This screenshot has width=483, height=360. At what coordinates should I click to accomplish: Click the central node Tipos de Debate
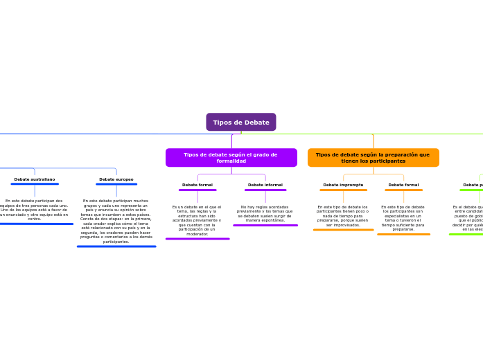tap(241, 122)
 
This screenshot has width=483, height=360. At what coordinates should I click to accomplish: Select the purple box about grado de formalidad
tap(231, 158)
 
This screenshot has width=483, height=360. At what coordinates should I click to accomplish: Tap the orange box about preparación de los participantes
tap(373, 158)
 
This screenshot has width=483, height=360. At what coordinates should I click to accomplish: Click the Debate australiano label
tap(35, 179)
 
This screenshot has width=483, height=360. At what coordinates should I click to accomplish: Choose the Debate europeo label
tap(116, 179)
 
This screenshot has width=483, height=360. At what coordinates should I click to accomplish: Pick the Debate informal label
tap(265, 185)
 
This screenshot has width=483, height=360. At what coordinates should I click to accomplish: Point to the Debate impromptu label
tap(343, 185)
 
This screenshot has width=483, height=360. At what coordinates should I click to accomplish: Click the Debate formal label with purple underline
tap(197, 185)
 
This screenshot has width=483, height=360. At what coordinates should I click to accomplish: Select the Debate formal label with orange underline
tap(403, 185)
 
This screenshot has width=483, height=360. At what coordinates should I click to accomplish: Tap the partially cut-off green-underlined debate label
tap(473, 185)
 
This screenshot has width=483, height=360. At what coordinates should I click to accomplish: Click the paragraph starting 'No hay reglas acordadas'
tap(265, 213)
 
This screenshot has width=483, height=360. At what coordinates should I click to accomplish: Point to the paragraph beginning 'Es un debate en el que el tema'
tap(197, 220)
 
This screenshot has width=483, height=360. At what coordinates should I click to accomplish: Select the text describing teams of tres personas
tap(35, 210)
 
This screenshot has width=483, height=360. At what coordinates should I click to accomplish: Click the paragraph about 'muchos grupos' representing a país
tap(116, 222)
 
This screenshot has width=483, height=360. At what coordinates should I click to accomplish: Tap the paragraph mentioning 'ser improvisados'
tap(343, 216)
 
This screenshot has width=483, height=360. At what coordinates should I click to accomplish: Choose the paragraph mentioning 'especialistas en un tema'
tap(403, 218)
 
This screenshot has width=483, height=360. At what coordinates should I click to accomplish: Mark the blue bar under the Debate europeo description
tap(116, 246)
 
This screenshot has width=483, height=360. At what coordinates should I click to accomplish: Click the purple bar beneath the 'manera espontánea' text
tap(265, 225)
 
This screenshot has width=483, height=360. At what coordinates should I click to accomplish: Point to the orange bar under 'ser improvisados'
tap(343, 230)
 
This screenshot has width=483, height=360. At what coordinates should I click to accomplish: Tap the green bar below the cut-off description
tap(466, 234)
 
